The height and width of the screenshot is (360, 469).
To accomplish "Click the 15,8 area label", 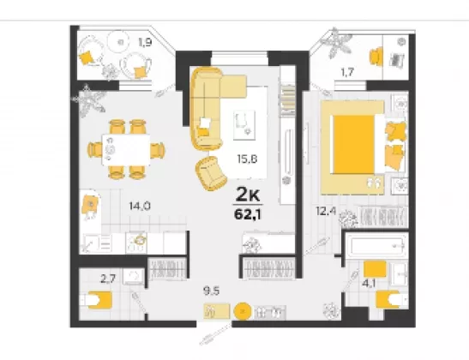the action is tap(247, 159).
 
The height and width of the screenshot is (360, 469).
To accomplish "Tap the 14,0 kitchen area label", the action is tap(140, 206).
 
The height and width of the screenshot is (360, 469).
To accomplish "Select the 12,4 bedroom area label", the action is tap(326, 211).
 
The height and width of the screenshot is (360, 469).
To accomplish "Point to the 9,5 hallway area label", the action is tap(211, 291).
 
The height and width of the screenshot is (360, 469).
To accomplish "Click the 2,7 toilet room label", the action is tap(108, 279).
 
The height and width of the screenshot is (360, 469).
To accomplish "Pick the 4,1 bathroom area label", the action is tap(369, 283).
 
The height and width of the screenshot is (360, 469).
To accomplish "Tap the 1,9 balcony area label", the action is tap(145, 43).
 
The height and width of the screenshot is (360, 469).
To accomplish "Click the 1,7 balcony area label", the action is tap(347, 72).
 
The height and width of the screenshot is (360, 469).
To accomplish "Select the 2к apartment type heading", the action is tap(248, 195).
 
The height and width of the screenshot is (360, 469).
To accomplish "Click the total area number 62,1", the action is tap(248, 214).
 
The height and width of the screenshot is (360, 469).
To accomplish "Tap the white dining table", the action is tap(126, 149).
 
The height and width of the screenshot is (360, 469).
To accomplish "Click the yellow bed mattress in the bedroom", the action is tap(354, 144).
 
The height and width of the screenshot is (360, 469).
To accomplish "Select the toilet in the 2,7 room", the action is tap(97, 300).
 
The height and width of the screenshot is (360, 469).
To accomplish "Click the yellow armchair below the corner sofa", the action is tap(211, 173).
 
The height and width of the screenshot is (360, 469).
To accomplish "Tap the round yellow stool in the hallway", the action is tap(243, 311).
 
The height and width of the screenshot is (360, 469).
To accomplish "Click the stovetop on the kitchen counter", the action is tap(136, 243).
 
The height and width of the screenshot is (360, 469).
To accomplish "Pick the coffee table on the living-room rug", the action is tap(244, 125).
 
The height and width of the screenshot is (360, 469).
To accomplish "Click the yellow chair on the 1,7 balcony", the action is tap(376, 56).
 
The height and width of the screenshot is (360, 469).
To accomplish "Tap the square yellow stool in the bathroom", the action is tap(375, 269).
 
